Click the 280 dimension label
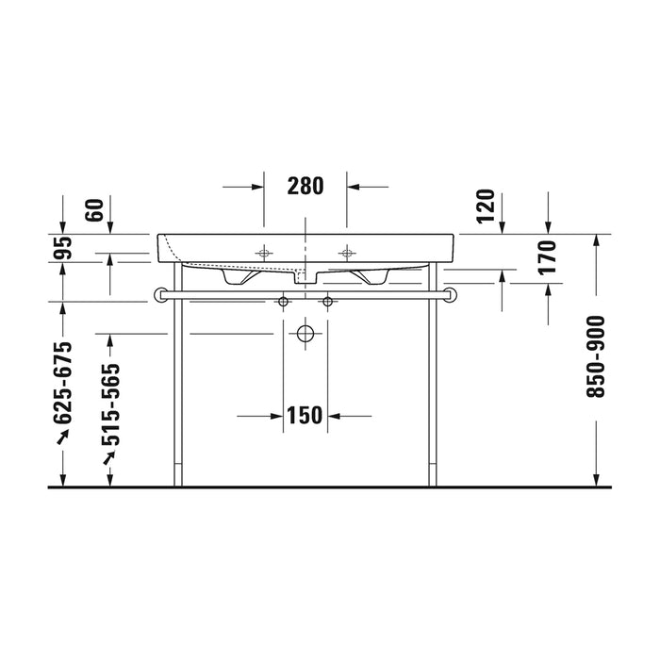click(305, 186)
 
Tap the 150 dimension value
click(305, 416)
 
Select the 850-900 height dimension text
click(596, 357)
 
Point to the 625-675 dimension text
click(63, 383)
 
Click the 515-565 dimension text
click(110, 404)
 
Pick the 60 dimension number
click(94, 210)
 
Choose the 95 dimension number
click(63, 248)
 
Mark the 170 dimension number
click(548, 257)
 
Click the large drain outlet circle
click(305, 334)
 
